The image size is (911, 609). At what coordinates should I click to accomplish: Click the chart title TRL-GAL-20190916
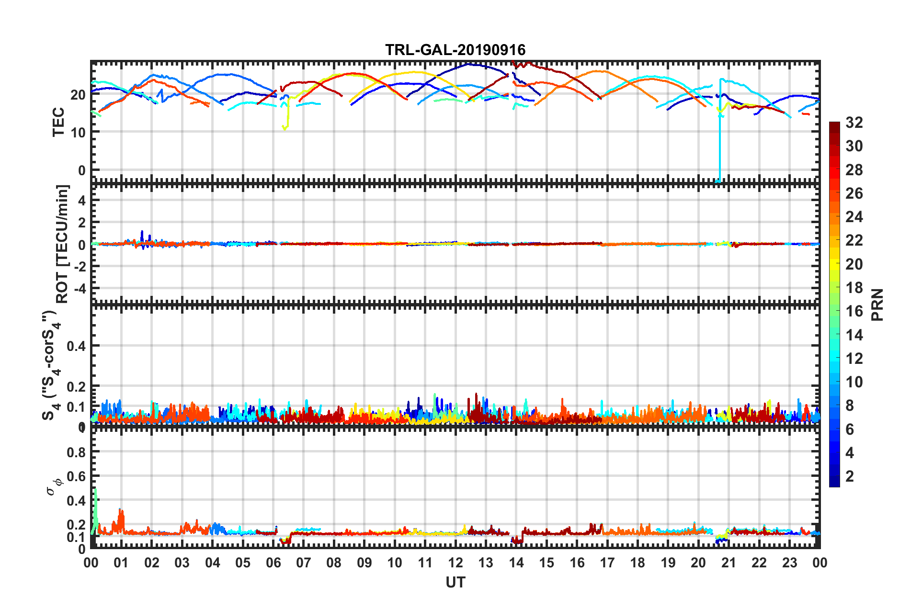(x=455, y=50)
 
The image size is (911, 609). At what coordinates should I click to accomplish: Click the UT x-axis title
(x=455, y=582)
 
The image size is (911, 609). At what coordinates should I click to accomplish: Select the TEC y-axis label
(x=58, y=122)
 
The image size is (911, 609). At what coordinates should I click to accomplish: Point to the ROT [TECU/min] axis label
(x=62, y=244)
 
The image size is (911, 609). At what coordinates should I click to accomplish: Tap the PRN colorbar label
(x=877, y=304)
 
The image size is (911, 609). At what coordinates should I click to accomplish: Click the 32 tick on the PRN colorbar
(x=854, y=123)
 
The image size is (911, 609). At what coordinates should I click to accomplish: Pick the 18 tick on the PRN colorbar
(x=854, y=288)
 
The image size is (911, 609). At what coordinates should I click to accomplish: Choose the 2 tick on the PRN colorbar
(x=850, y=476)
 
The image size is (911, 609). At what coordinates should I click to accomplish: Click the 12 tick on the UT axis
(x=455, y=563)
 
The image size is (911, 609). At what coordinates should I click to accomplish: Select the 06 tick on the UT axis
(x=273, y=563)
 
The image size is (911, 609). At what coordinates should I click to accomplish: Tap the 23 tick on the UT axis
(x=789, y=563)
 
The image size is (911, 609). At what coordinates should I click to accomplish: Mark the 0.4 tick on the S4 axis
(x=76, y=346)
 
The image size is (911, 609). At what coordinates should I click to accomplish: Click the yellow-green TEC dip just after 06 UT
(x=285, y=127)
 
